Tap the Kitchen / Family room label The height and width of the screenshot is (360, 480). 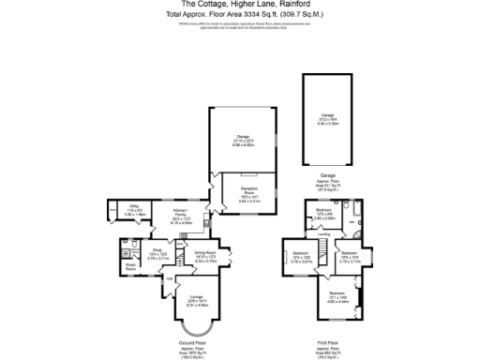(180, 212)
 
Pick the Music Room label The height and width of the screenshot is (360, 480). (130, 264)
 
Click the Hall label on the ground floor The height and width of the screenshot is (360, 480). (170, 277)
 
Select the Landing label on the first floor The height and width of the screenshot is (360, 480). (322, 234)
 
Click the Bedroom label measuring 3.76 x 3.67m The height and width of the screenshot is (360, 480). (301, 254)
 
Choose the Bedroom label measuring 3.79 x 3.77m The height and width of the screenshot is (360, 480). (349, 254)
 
